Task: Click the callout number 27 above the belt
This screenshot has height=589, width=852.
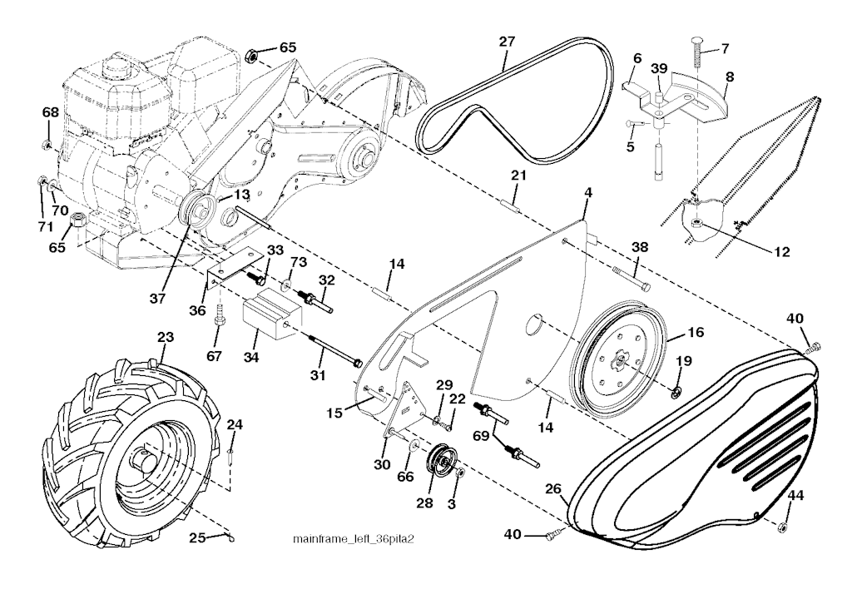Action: pos(508,40)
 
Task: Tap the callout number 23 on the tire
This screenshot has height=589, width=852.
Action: pos(166,339)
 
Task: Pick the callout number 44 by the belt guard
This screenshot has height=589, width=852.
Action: pos(796,497)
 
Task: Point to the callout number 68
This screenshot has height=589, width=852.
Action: pos(50,111)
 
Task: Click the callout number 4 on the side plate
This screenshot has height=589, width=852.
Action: pos(588,192)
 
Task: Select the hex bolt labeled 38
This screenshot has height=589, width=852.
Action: pos(631,278)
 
